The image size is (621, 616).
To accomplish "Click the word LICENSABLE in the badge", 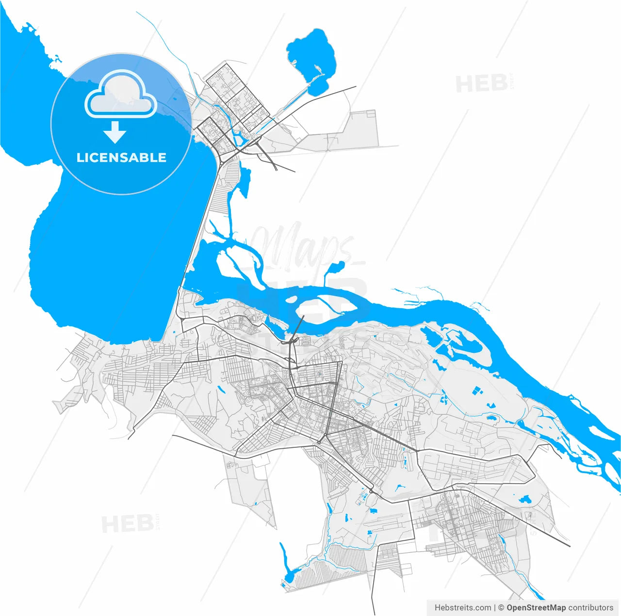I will click(121, 158).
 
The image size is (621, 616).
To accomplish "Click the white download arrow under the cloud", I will click(115, 132).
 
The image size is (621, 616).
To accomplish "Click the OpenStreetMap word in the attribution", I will click(536, 607).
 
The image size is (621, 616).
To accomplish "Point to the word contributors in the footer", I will click(590, 607).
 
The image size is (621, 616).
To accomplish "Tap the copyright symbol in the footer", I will click(501, 607).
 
